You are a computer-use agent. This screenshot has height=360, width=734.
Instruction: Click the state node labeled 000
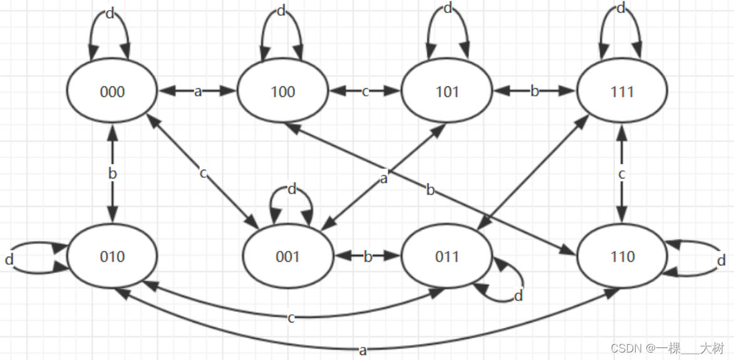tap(113, 92)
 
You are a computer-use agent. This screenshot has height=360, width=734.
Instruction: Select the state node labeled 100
tap(282, 92)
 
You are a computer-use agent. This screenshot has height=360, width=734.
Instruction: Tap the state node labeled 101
tap(447, 92)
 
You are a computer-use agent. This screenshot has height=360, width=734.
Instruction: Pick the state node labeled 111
tap(623, 92)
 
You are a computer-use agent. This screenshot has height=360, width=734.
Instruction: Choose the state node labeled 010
tap(113, 257)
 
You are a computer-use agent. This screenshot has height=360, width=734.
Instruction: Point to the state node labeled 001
tap(288, 257)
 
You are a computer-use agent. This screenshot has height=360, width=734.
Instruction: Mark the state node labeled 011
tap(447, 257)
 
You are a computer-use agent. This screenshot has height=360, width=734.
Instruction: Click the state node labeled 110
tap(623, 257)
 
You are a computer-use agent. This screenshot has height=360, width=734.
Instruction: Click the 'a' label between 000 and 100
tap(198, 92)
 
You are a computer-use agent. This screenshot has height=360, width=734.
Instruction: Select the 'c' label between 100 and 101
tap(365, 92)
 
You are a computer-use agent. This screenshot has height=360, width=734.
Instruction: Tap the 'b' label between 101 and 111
tap(534, 92)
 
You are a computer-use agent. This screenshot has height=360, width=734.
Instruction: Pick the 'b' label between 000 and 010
tap(113, 173)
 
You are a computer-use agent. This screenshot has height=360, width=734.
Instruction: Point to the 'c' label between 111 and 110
tap(622, 174)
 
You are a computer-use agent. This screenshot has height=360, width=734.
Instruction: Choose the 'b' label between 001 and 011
tap(368, 256)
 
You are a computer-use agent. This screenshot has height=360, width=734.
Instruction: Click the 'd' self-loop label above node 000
tap(110, 14)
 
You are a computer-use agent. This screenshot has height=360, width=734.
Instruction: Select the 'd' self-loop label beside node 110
tap(721, 260)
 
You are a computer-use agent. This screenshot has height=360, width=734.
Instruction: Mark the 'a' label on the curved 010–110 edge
tap(363, 350)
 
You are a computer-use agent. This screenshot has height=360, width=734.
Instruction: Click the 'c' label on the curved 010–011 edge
tap(291, 318)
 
